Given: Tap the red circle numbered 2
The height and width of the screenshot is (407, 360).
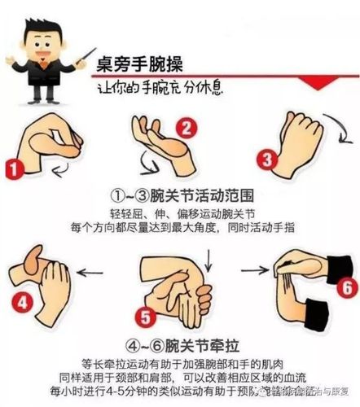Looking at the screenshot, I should coord(187,128).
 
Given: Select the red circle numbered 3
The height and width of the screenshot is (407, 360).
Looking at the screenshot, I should coord(265,158).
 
